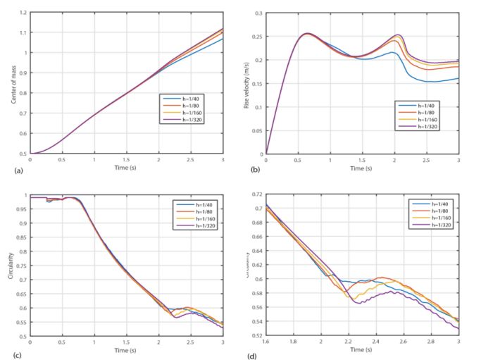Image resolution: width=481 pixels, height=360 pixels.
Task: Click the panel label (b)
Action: point(247,170)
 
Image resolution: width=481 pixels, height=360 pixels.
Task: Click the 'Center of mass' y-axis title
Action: point(13,83)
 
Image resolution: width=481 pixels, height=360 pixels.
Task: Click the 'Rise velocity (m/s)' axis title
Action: point(247,83)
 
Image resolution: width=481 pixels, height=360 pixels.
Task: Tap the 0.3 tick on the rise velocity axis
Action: point(258,13)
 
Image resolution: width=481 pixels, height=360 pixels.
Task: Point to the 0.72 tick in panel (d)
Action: point(257,193)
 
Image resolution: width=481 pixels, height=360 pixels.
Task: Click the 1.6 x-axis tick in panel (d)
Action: point(266,342)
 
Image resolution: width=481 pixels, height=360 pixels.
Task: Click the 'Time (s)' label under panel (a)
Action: point(127,169)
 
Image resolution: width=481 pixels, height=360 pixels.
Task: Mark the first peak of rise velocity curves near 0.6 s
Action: point(307,33)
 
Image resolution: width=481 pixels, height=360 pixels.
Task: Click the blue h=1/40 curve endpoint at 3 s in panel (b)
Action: point(458,78)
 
